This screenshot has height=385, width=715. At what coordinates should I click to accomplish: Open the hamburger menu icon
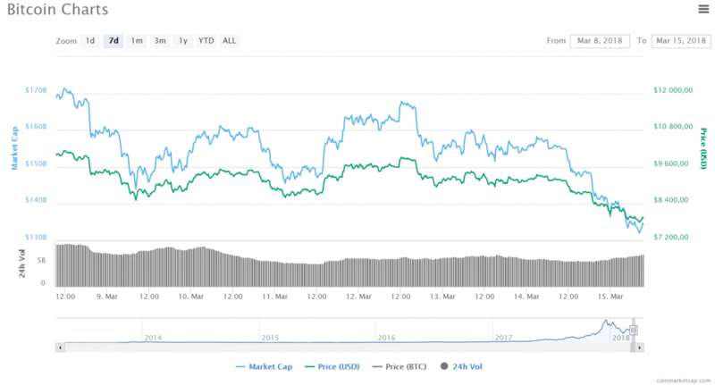click(702, 9)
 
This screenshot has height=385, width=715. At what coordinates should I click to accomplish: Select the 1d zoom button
click(90, 40)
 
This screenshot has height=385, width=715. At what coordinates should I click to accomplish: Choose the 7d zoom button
click(114, 40)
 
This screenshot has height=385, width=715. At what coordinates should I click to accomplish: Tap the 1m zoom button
click(137, 40)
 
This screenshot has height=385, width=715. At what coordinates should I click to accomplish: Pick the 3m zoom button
click(160, 40)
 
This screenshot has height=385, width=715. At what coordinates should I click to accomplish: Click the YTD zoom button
click(206, 40)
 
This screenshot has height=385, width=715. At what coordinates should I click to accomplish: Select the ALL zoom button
click(230, 40)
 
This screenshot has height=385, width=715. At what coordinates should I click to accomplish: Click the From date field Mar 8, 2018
click(599, 41)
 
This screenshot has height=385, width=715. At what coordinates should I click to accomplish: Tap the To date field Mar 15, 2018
click(682, 41)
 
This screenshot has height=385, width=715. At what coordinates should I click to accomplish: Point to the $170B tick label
click(35, 90)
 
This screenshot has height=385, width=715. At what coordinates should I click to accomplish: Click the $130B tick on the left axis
click(35, 237)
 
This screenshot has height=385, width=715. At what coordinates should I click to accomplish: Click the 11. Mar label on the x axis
click(274, 296)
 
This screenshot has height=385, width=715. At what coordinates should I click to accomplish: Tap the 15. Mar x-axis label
click(610, 296)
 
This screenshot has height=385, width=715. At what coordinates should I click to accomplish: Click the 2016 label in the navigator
click(386, 337)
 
